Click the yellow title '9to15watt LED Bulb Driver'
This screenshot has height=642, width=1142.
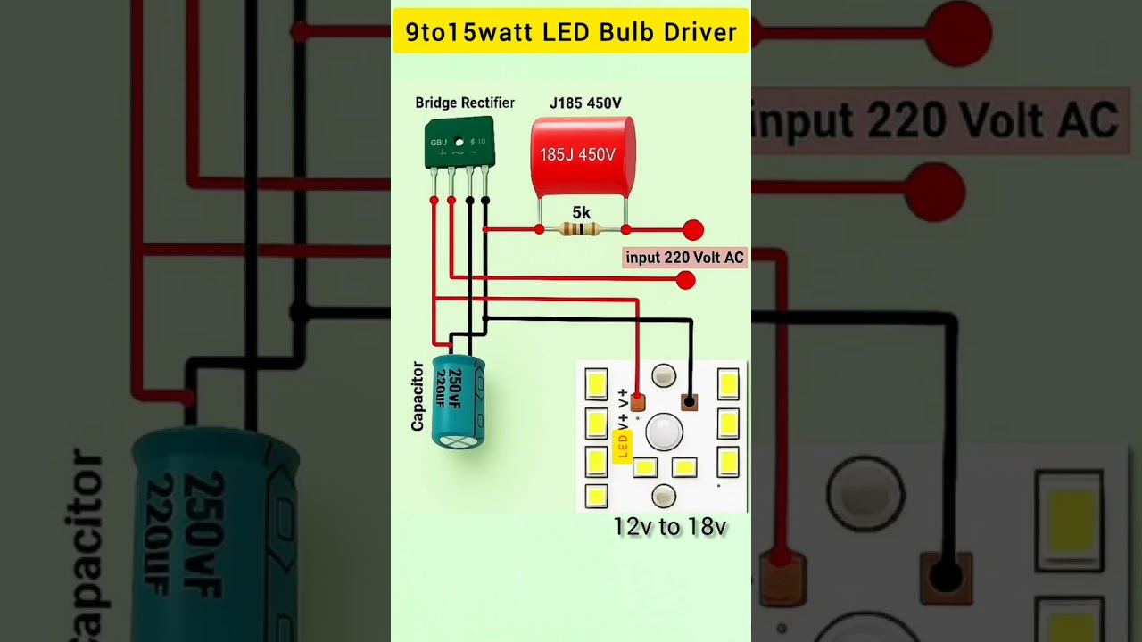pyautogui.click(x=571, y=33)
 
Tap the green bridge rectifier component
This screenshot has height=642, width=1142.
pyautogui.click(x=459, y=142)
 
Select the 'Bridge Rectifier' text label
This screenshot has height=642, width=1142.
pyautogui.click(x=465, y=103)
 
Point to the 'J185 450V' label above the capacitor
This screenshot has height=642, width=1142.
pyautogui.click(x=585, y=103)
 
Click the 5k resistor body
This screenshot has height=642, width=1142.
pyautogui.click(x=582, y=229)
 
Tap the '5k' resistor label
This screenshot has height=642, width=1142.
pyautogui.click(x=581, y=212)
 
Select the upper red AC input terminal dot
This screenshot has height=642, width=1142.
pyautogui.click(x=693, y=230)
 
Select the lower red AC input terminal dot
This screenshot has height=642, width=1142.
pyautogui.click(x=685, y=280)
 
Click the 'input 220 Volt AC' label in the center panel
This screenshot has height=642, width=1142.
pyautogui.click(x=684, y=258)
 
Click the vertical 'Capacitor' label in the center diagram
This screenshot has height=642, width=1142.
pyautogui.click(x=418, y=396)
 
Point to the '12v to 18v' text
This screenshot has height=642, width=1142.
pyautogui.click(x=670, y=527)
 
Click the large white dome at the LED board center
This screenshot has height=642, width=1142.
pyautogui.click(x=664, y=432)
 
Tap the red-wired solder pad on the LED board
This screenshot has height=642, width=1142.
pyautogui.click(x=637, y=402)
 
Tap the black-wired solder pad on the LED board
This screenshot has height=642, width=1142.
pyautogui.click(x=689, y=401)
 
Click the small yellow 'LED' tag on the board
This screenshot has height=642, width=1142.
pyautogui.click(x=623, y=444)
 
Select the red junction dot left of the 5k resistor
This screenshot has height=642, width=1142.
pyautogui.click(x=539, y=229)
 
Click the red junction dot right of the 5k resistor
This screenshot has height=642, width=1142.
pyautogui.click(x=625, y=229)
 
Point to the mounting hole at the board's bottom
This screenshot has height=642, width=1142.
pyautogui.click(x=664, y=496)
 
